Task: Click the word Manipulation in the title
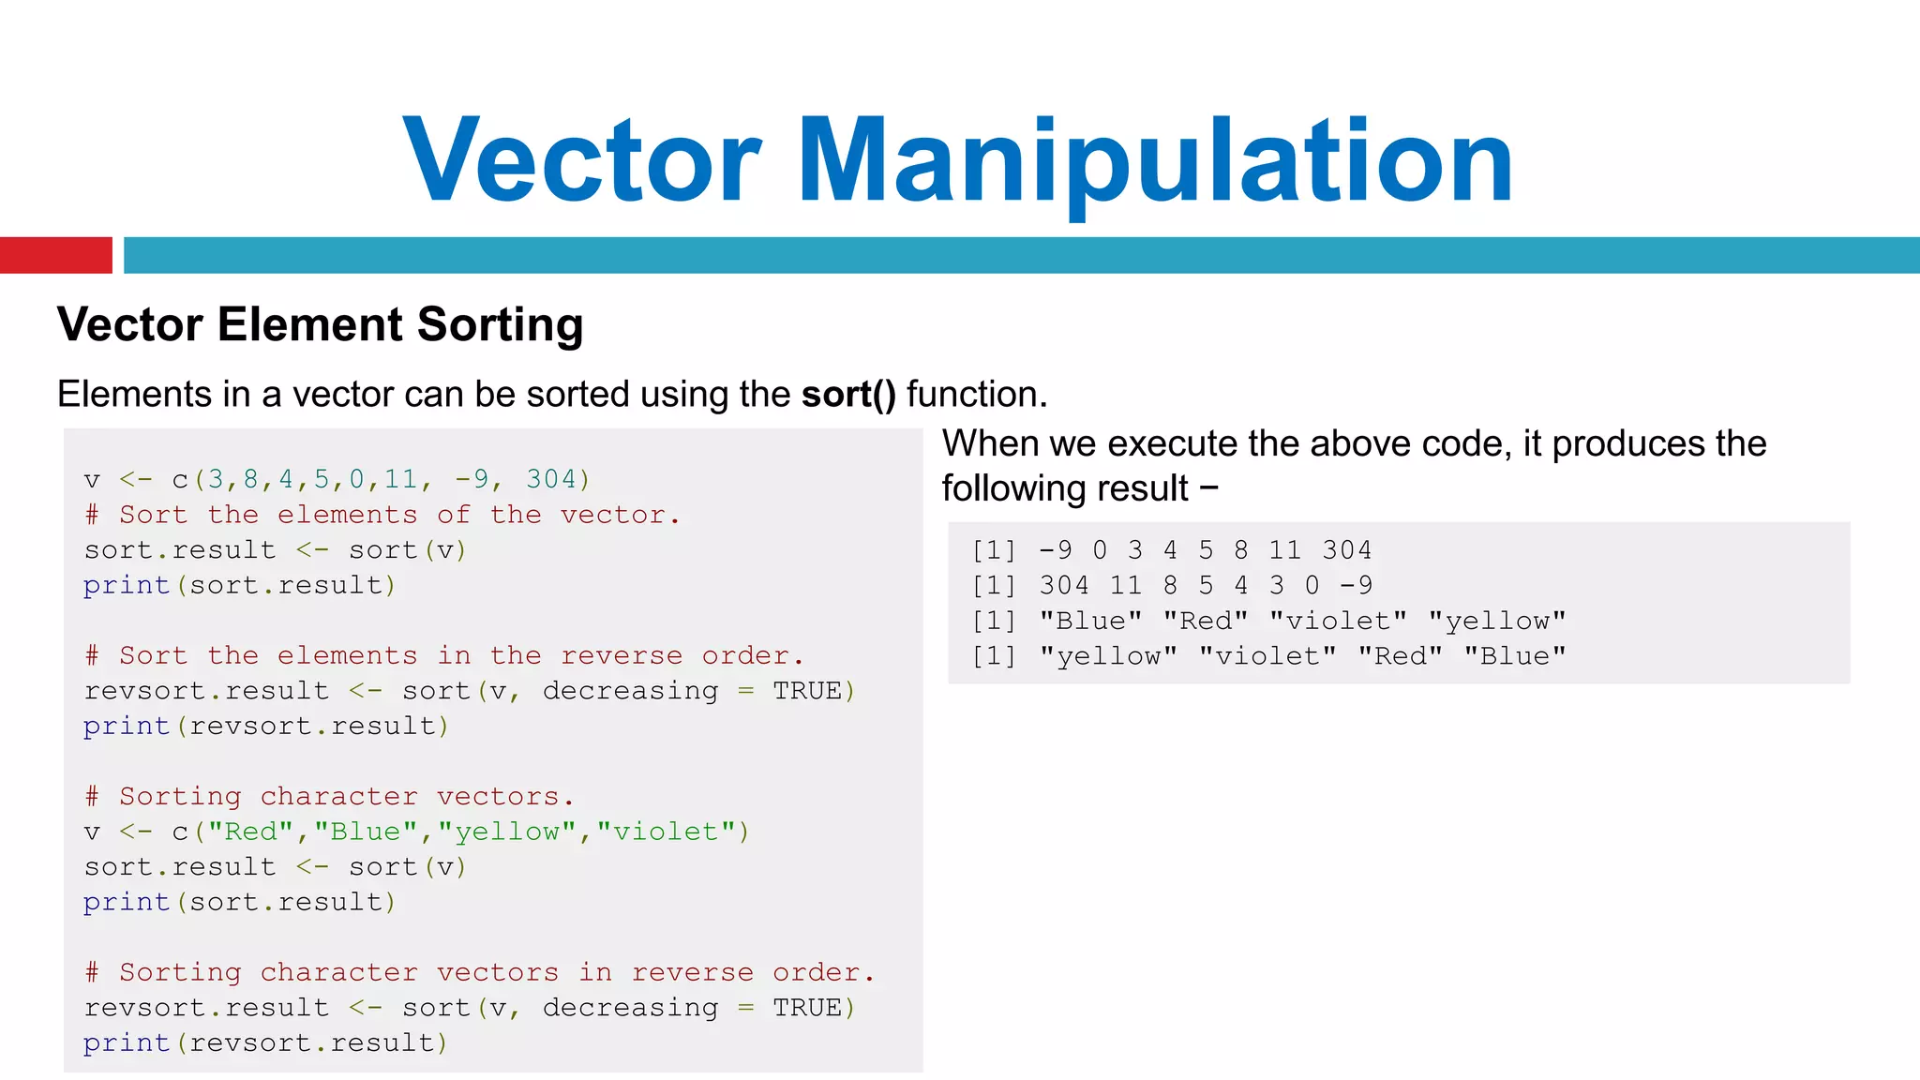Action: tap(1155, 161)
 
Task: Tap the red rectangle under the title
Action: tap(56, 255)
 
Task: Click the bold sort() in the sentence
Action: tap(848, 395)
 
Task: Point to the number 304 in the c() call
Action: tap(552, 479)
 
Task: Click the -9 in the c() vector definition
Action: tap(472, 479)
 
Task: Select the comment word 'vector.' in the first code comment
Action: tap(620, 515)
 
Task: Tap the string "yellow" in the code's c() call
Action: tap(507, 832)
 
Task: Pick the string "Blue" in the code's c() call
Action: tap(366, 832)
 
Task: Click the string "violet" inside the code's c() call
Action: tap(666, 832)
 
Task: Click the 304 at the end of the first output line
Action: tap(1347, 550)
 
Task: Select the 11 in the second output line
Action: tap(1126, 586)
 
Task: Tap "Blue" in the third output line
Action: tap(1090, 621)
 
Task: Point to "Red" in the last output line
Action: tap(1401, 656)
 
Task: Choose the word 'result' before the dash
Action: tap(1142, 488)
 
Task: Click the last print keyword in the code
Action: tap(127, 1042)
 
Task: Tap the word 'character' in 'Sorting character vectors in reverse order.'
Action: tap(338, 972)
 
